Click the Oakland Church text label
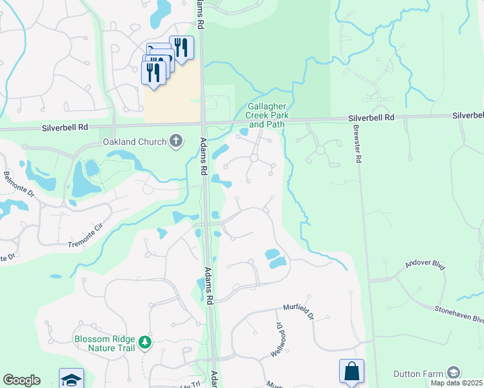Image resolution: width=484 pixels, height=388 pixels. point(134,142)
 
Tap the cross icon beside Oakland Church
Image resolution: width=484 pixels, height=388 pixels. point(175,141)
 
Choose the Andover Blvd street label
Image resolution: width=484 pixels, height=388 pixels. point(425,266)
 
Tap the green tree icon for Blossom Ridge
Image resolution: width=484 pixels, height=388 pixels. point(146,341)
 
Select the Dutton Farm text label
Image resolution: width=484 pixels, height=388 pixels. point(419,374)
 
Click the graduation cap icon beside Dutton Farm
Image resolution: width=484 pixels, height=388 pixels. point(454,373)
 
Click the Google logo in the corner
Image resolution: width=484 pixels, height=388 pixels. point(21,380)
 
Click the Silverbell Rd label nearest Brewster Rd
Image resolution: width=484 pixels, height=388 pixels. point(371,118)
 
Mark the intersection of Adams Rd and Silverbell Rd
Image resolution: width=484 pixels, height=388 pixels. point(203,123)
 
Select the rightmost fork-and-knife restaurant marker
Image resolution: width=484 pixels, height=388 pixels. point(181,48)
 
